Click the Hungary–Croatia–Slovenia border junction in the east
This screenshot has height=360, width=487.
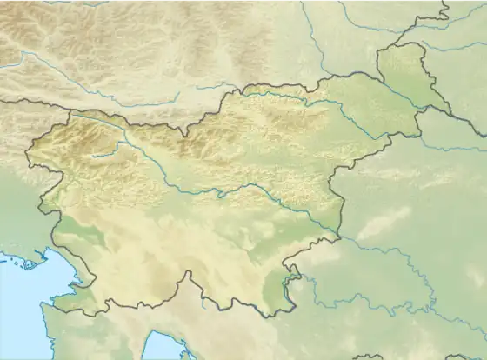420,111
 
